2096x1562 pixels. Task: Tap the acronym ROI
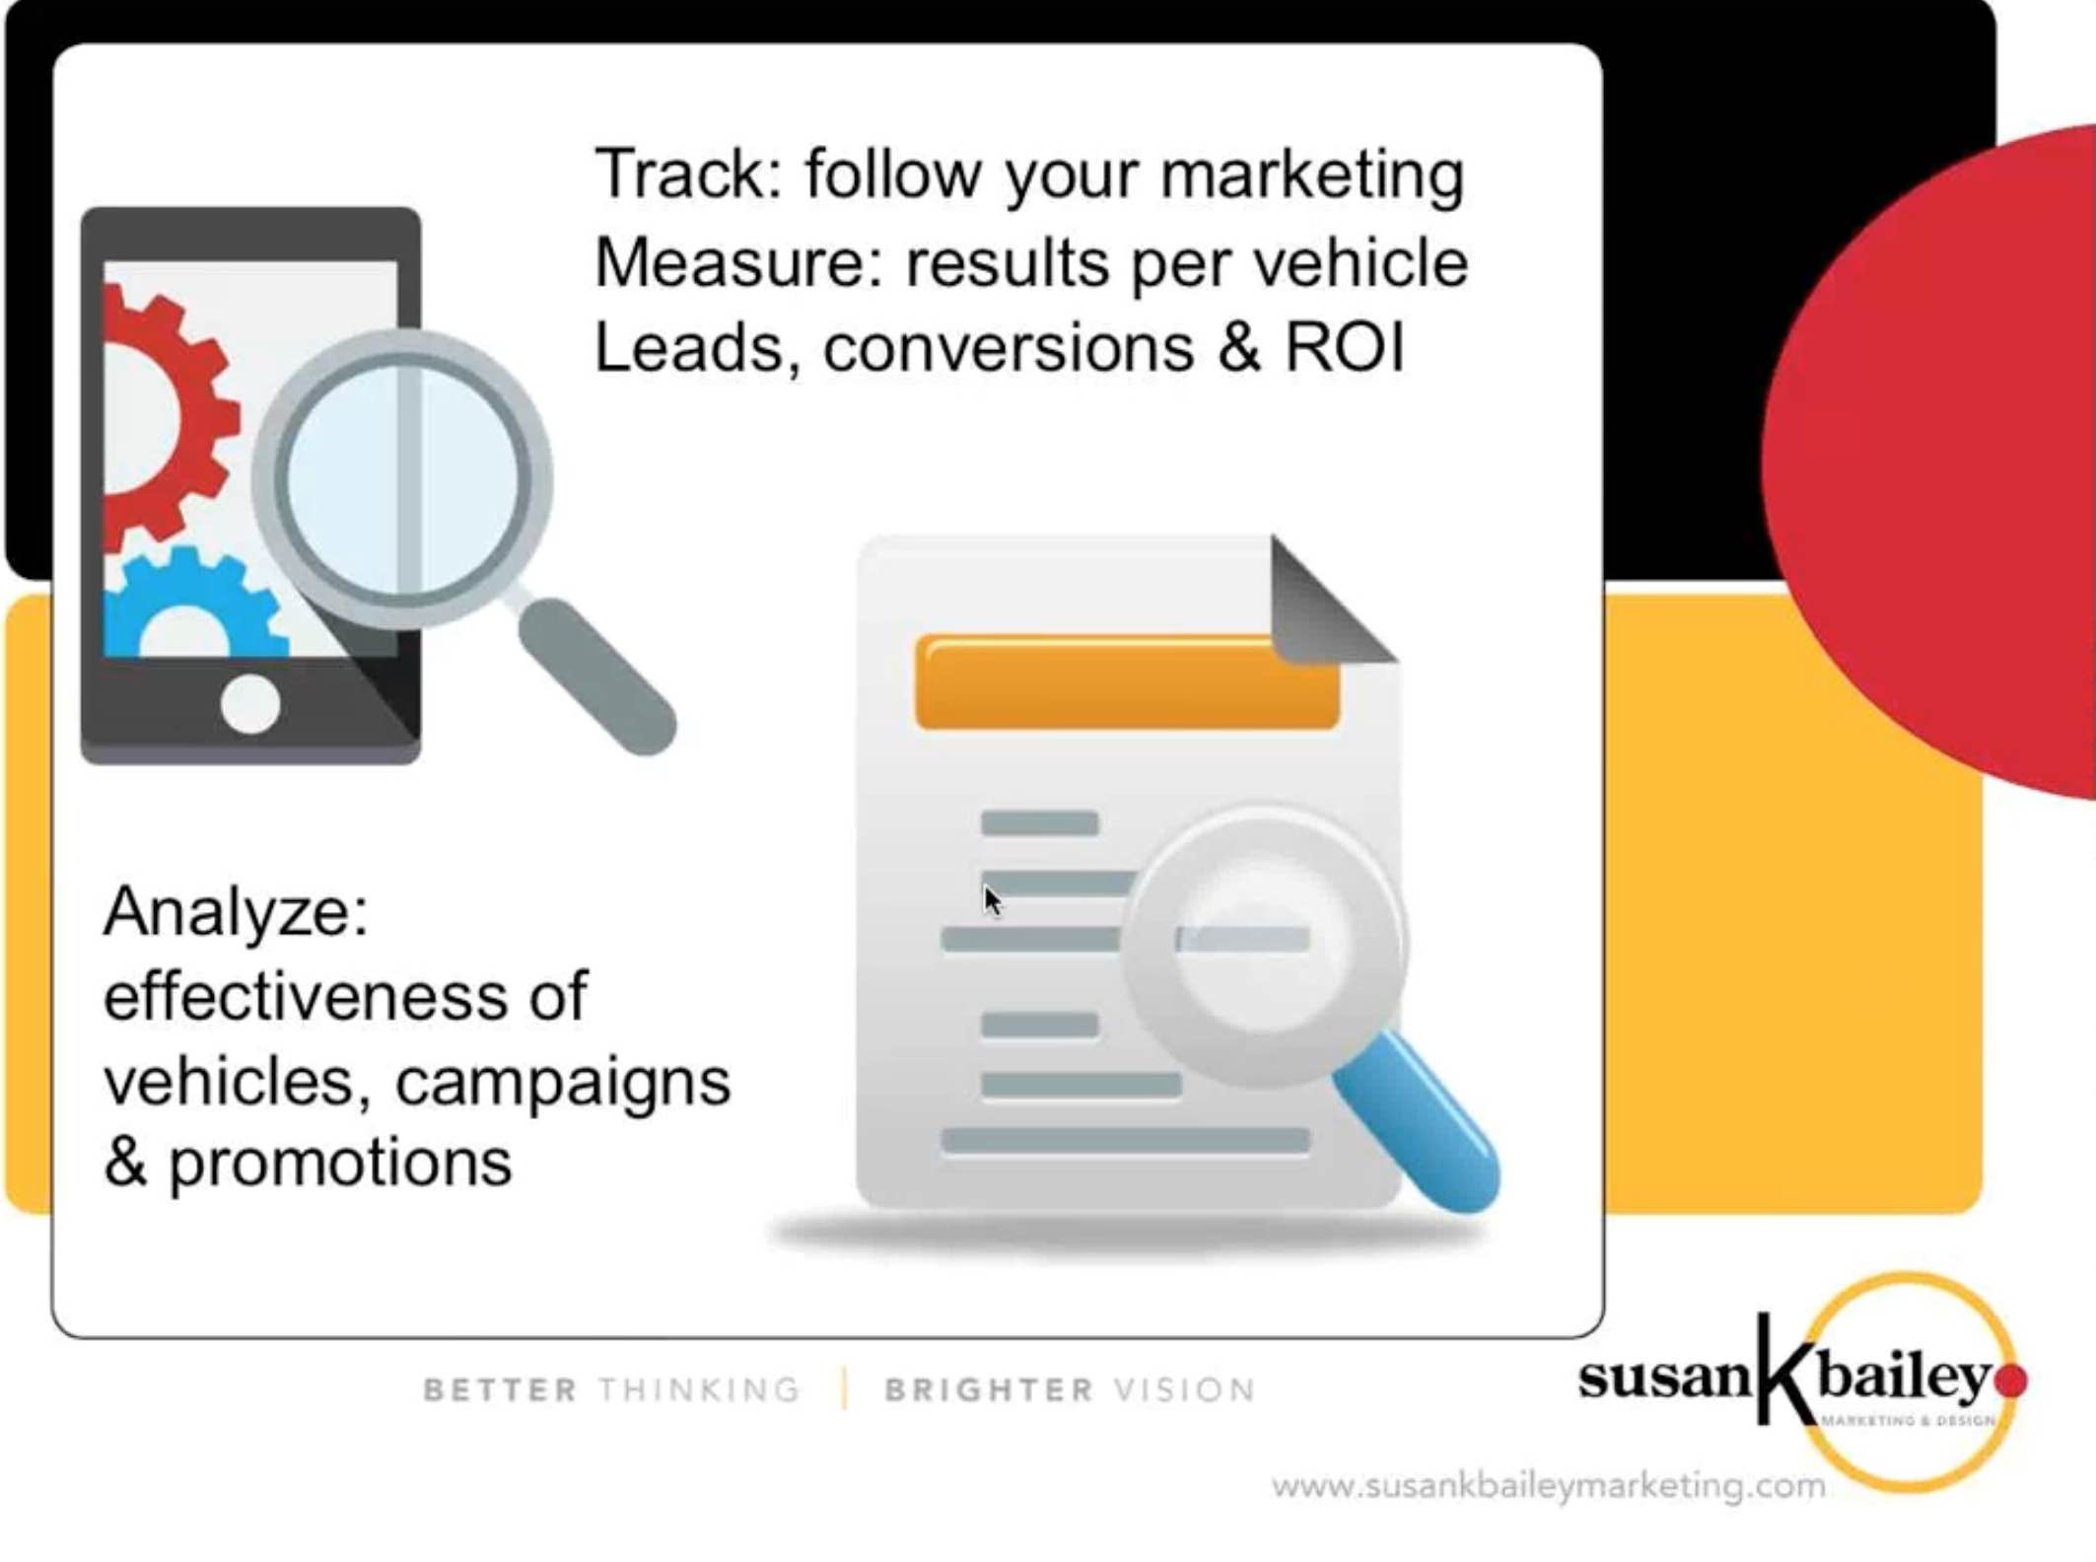coord(1344,348)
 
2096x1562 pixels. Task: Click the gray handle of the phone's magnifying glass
coord(597,675)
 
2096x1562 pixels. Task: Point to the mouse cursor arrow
coord(991,898)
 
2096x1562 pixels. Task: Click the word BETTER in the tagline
coord(500,1390)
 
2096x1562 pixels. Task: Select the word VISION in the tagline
coord(1184,1390)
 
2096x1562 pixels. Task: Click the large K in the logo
coord(1784,1371)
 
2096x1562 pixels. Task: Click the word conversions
coord(1008,348)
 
